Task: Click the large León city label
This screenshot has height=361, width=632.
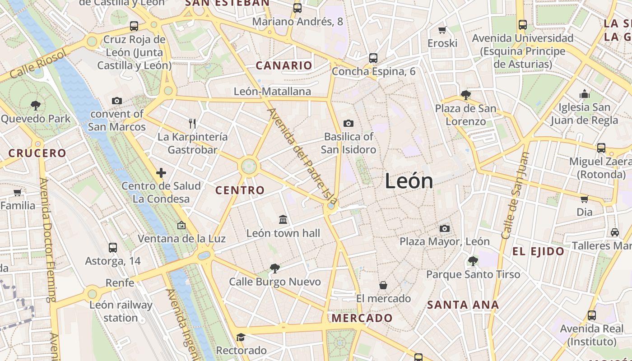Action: tap(409, 181)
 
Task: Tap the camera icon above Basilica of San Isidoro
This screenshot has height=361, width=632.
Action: tap(348, 123)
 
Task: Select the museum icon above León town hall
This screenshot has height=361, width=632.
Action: tap(283, 220)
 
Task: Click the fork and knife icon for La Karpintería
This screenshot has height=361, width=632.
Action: tap(192, 123)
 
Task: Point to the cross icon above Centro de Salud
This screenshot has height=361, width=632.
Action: tap(161, 173)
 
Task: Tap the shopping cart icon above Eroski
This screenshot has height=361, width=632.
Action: tap(442, 30)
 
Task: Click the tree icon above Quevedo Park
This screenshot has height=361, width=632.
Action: tap(36, 106)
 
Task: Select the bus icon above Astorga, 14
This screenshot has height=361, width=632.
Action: tap(113, 248)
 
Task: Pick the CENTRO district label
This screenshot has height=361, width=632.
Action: tap(240, 190)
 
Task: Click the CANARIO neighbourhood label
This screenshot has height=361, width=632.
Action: tap(284, 66)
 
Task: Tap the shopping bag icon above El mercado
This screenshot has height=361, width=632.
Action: tap(383, 285)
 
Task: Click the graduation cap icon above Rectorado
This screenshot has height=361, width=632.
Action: tap(241, 338)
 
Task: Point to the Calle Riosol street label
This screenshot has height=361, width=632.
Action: tap(38, 64)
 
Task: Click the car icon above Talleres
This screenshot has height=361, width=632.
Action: tap(614, 232)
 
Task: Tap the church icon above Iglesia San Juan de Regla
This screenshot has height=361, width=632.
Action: tap(585, 94)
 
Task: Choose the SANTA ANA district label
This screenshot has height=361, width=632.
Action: tap(463, 305)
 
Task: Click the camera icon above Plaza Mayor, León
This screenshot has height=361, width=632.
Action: tap(445, 229)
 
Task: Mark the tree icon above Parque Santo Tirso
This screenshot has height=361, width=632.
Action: tap(473, 261)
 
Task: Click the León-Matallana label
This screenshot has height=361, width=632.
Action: tap(272, 92)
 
